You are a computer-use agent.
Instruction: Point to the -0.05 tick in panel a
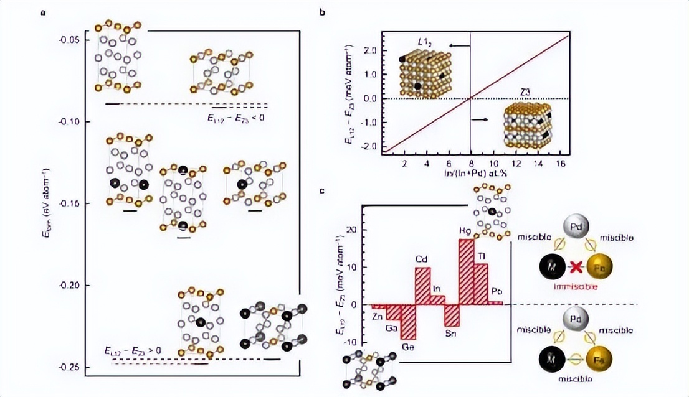[70, 39]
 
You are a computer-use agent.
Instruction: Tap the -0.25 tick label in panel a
[70, 367]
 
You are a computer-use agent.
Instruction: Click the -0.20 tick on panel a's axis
[70, 285]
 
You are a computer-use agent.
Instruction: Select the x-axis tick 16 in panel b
[559, 162]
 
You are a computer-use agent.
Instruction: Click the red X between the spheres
[576, 268]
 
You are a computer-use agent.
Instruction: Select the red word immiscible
[576, 287]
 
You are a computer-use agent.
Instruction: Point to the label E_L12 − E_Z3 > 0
[133, 351]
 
